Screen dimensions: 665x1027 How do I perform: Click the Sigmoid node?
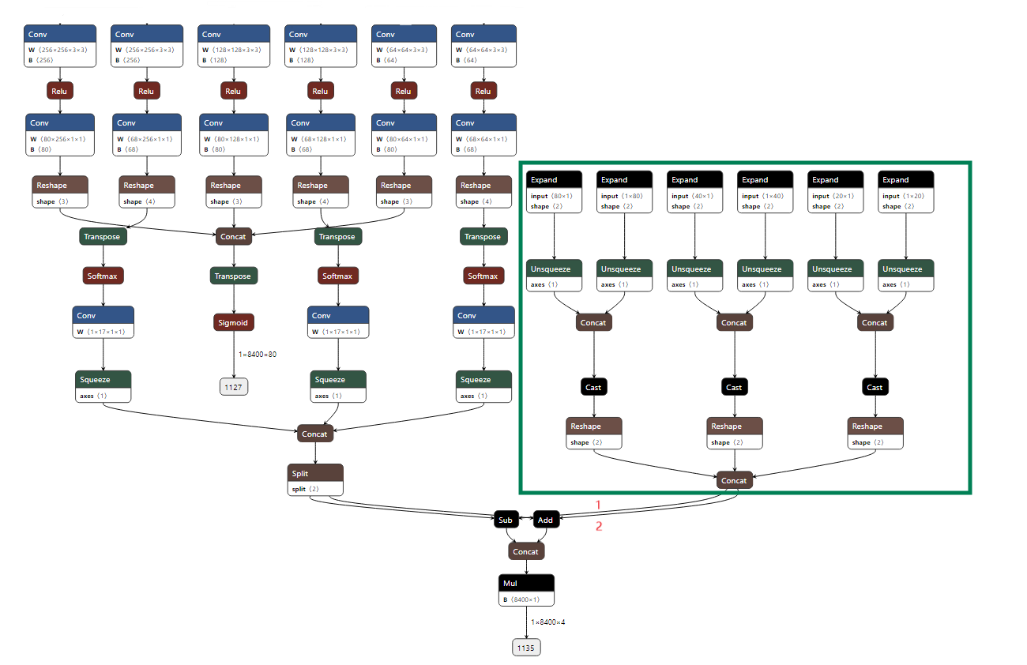(x=233, y=322)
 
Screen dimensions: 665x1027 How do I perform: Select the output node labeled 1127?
(x=233, y=387)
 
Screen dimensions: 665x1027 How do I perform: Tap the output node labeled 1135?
(x=526, y=648)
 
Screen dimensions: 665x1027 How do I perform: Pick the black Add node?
(x=545, y=520)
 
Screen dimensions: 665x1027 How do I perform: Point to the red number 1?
(x=598, y=505)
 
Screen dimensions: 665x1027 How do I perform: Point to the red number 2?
(x=598, y=526)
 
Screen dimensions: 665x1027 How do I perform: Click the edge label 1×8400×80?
(x=258, y=354)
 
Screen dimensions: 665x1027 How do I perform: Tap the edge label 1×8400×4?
(x=547, y=622)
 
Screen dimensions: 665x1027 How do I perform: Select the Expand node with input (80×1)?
(x=554, y=192)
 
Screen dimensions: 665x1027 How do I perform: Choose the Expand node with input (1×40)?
(x=765, y=192)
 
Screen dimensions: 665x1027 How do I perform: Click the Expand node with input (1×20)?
(x=905, y=192)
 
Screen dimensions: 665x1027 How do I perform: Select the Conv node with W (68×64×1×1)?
(x=483, y=134)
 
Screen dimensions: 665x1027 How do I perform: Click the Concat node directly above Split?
(x=314, y=434)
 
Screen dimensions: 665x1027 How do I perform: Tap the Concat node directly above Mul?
(x=525, y=552)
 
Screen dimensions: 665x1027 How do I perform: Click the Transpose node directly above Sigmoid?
(x=233, y=276)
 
